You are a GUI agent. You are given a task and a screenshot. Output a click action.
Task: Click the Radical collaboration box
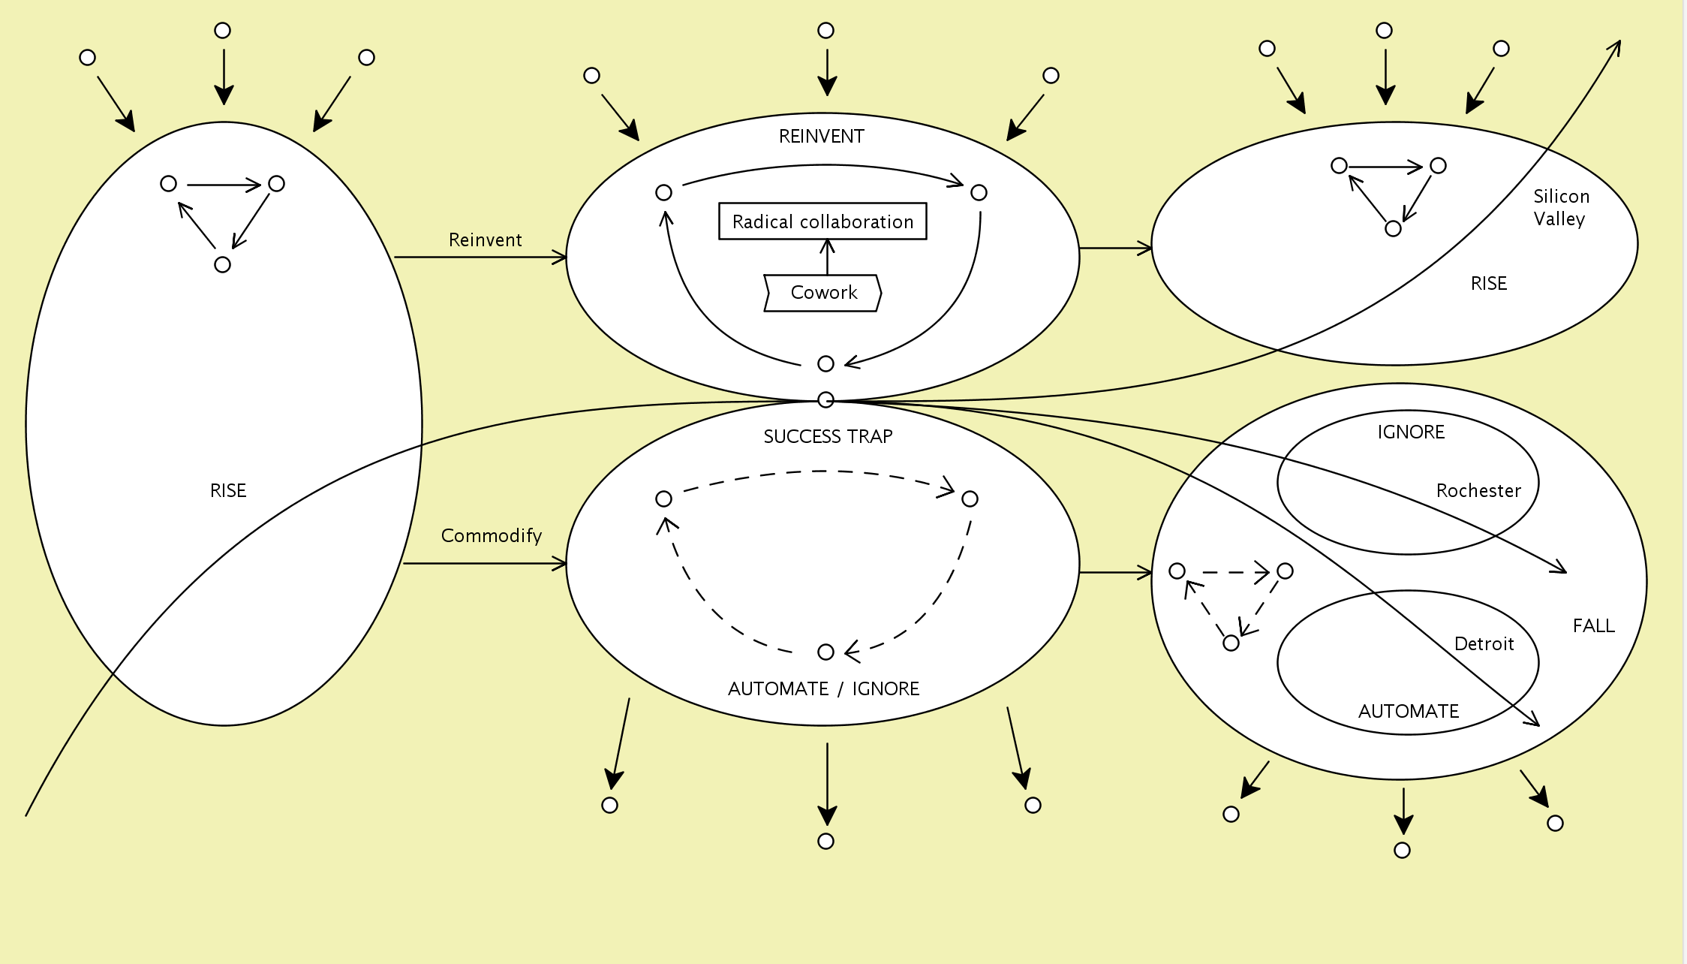(822, 221)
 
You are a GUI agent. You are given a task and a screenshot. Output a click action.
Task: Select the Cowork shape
(822, 293)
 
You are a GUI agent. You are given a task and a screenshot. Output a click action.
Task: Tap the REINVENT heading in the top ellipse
(821, 137)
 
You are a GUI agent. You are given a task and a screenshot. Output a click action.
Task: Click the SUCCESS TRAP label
(828, 437)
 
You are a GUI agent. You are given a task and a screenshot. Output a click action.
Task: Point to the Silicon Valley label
(1561, 207)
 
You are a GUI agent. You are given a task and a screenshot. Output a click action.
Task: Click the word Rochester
(1478, 491)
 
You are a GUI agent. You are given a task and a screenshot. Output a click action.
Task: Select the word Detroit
(1484, 644)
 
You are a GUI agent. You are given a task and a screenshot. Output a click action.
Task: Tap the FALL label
(1593, 626)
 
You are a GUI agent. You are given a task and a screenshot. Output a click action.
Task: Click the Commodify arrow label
(491, 536)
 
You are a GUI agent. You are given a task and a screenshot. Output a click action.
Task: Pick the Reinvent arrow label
(485, 240)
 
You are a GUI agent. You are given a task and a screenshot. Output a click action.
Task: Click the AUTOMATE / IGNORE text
(823, 689)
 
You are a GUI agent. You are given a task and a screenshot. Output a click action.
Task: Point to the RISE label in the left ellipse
(228, 491)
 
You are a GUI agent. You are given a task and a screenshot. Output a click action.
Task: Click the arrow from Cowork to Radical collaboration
(827, 257)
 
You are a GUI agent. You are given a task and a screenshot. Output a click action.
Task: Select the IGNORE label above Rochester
(1411, 432)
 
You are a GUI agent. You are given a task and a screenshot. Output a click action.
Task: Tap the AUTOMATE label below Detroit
(1408, 712)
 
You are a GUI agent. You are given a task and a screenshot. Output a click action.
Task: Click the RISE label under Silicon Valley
(1488, 284)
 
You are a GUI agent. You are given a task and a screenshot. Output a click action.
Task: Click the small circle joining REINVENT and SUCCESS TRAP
(825, 400)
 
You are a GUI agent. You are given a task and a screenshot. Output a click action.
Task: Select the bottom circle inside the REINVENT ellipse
(825, 364)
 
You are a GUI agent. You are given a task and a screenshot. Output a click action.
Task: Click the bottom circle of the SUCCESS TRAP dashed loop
(825, 652)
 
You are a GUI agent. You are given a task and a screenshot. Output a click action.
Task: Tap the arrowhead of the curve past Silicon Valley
(1617, 45)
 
